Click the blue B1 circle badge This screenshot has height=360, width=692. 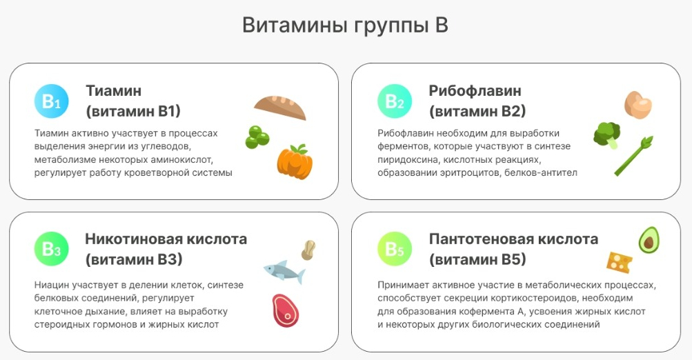click(x=51, y=101)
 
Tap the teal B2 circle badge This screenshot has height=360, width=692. click(x=395, y=101)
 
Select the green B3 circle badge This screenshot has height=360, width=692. click(x=51, y=249)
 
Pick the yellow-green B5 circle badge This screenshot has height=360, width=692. click(x=395, y=249)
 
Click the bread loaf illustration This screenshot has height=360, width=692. click(x=280, y=107)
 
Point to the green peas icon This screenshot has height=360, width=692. click(x=257, y=137)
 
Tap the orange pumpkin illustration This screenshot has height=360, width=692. click(x=295, y=162)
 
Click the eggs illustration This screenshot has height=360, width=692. click(x=638, y=105)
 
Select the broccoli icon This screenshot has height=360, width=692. click(x=607, y=135)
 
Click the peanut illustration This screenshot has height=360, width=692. click(x=308, y=250)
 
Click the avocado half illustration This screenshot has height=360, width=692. click(x=649, y=240)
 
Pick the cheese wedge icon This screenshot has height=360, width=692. click(x=619, y=262)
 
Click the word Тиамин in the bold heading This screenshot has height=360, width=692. click(x=113, y=91)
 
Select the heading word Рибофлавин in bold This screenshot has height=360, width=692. click(x=475, y=91)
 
